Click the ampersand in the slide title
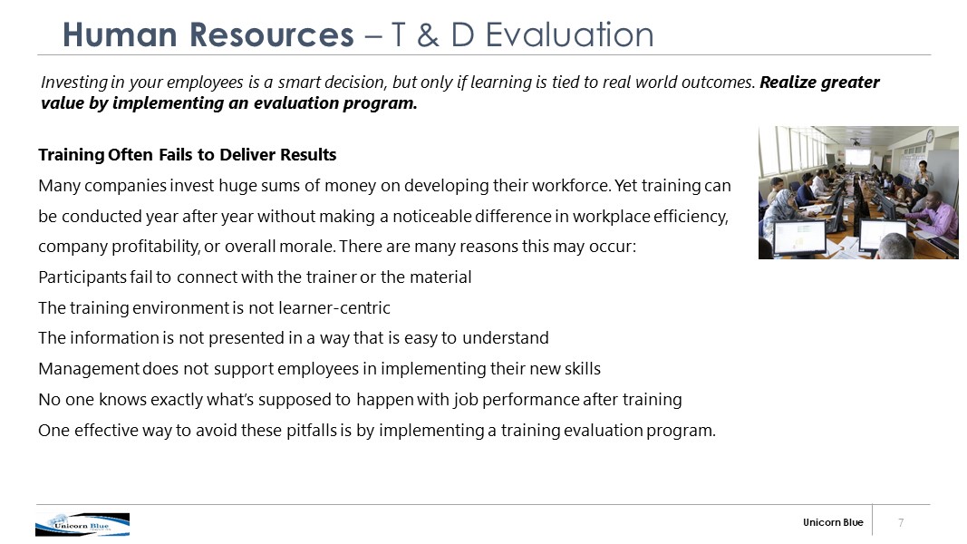tap(428, 35)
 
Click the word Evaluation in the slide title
tap(569, 34)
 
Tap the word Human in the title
tap(120, 34)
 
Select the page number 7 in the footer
tap(901, 522)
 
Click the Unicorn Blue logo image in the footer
tap(82, 524)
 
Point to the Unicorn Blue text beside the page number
tap(833, 522)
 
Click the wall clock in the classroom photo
tap(929, 136)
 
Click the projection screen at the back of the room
tap(858, 157)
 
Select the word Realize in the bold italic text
tap(788, 82)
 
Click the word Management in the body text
tap(89, 369)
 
